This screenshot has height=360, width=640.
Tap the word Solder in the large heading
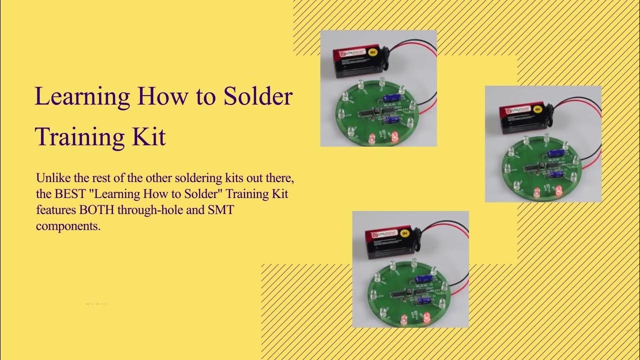[x=257, y=96]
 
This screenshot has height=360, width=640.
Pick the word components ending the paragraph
[x=67, y=226]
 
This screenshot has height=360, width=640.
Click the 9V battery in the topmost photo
[x=360, y=62]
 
